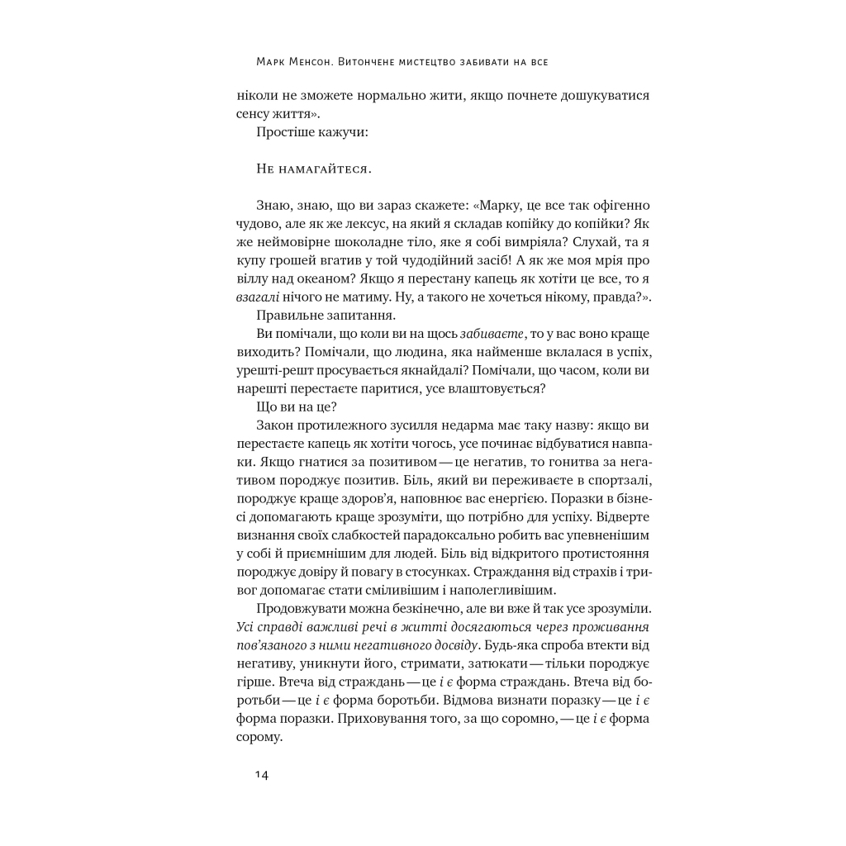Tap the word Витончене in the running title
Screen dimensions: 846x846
(x=394, y=62)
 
